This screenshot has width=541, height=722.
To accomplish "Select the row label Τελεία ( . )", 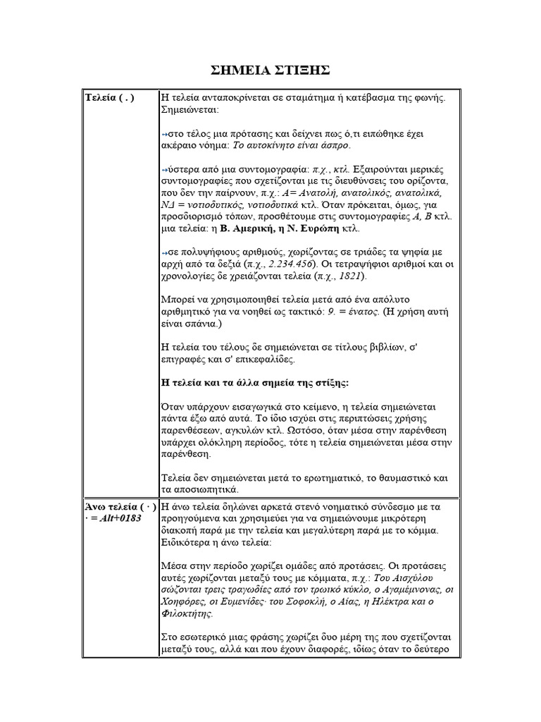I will [109, 98].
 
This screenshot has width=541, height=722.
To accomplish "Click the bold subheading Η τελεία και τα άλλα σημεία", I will [255, 382].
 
